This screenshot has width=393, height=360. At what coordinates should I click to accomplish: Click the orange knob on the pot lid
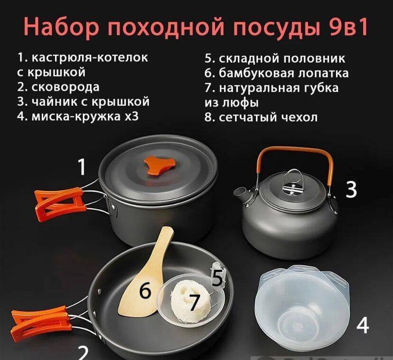159,165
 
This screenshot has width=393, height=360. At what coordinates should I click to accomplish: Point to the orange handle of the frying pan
41,323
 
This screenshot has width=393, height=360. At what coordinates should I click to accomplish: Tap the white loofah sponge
190,299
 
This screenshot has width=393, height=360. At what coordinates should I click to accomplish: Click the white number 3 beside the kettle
351,190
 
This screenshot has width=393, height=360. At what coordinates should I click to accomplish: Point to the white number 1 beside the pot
82,167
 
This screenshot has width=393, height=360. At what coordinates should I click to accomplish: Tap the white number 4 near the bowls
363,325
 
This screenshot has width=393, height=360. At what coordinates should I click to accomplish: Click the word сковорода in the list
65,87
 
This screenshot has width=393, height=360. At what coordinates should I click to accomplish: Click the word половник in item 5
314,58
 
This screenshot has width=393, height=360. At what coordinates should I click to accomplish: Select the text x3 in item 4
131,116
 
